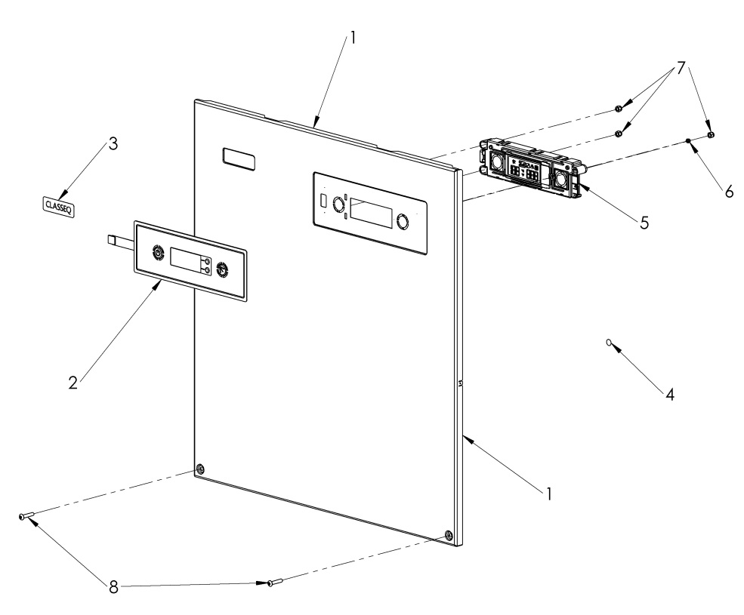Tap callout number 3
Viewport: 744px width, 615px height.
tap(113, 143)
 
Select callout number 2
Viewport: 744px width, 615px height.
tap(73, 383)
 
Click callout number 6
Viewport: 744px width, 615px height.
tap(729, 192)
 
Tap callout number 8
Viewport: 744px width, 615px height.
tap(114, 586)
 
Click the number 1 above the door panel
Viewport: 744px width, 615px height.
tap(348, 35)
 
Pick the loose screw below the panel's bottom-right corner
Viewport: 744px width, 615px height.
tap(274, 582)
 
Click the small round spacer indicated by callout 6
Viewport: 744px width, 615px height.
tap(688, 141)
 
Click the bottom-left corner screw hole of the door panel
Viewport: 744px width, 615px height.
tap(199, 469)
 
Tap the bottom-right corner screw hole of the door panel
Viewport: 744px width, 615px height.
tap(450, 535)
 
